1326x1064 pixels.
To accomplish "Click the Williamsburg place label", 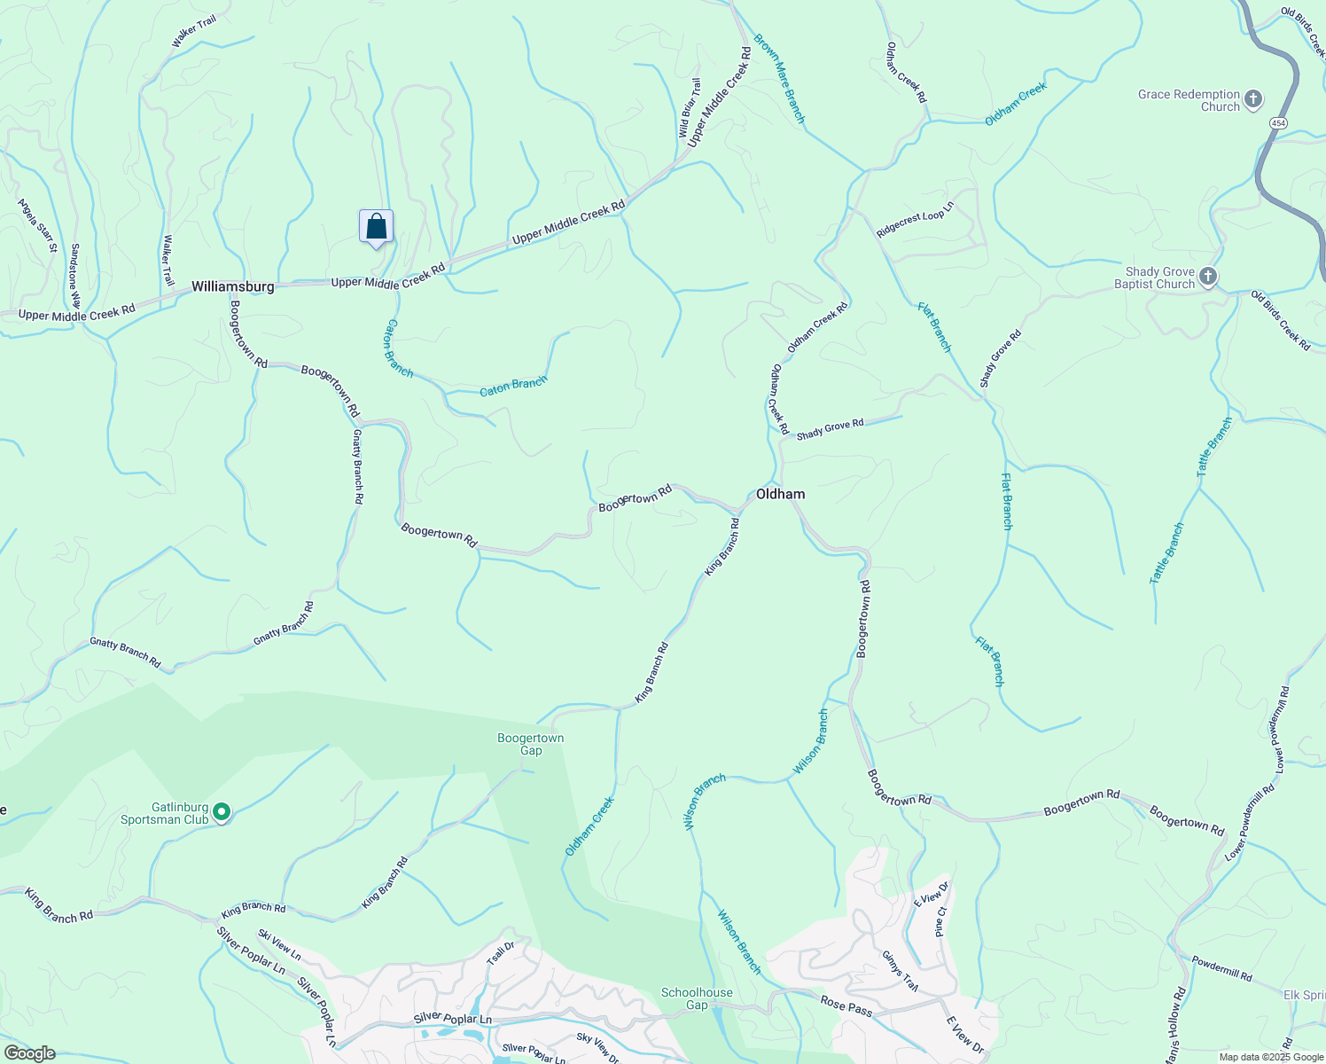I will point(233,287).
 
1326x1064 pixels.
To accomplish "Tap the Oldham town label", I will point(780,495).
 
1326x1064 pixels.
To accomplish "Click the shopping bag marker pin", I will point(376,227).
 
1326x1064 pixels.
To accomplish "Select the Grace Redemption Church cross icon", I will point(1252,99).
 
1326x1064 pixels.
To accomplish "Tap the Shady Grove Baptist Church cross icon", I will point(1207,278).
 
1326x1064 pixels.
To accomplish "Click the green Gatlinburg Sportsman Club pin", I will point(222,812).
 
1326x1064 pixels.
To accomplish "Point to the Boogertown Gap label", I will point(531,744).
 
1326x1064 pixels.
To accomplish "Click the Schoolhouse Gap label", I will point(697,998).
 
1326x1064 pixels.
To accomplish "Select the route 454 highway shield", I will point(1277,123).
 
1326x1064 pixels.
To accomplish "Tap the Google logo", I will point(29,1053).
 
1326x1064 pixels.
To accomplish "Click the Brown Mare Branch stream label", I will point(780,78).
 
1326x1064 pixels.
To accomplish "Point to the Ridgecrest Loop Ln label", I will point(915,220).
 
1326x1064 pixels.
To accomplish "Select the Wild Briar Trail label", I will point(690,108).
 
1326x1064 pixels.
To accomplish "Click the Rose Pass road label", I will point(846,1006).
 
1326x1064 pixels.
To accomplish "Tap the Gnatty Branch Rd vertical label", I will point(358,466).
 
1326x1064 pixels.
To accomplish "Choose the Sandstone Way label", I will point(75,276).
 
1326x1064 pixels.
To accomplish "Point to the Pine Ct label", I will point(941,921).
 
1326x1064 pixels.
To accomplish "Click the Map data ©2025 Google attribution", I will point(1270,1057).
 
